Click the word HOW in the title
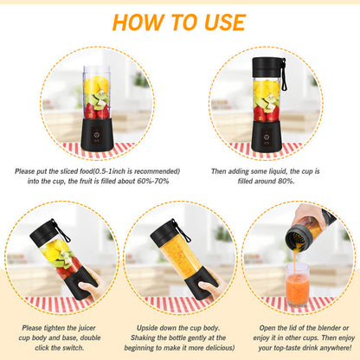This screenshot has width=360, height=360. tap(139, 22)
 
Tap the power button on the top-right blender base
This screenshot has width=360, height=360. tap(266, 135)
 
